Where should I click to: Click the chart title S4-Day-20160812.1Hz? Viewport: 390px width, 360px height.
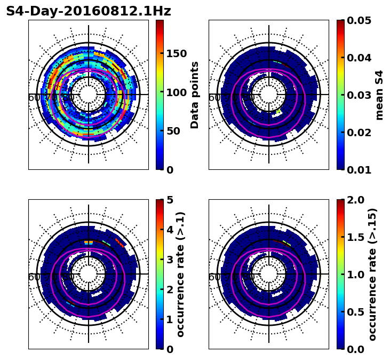pyautogui.click(x=89, y=11)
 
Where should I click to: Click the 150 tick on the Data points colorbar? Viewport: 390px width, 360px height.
pyautogui.click(x=176, y=53)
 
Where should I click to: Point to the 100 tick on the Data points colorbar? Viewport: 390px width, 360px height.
pyautogui.click(x=176, y=92)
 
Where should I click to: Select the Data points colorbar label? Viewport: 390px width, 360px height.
pyautogui.click(x=195, y=95)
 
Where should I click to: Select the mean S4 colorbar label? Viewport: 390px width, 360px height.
pyautogui.click(x=379, y=95)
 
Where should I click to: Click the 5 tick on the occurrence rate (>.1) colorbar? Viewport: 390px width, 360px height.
pyautogui.click(x=170, y=200)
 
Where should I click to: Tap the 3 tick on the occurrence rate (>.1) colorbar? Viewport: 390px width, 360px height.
pyautogui.click(x=170, y=260)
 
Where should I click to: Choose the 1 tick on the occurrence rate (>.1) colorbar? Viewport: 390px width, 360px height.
pyautogui.click(x=170, y=319)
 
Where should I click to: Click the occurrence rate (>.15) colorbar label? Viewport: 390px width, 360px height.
pyautogui.click(x=372, y=274)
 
